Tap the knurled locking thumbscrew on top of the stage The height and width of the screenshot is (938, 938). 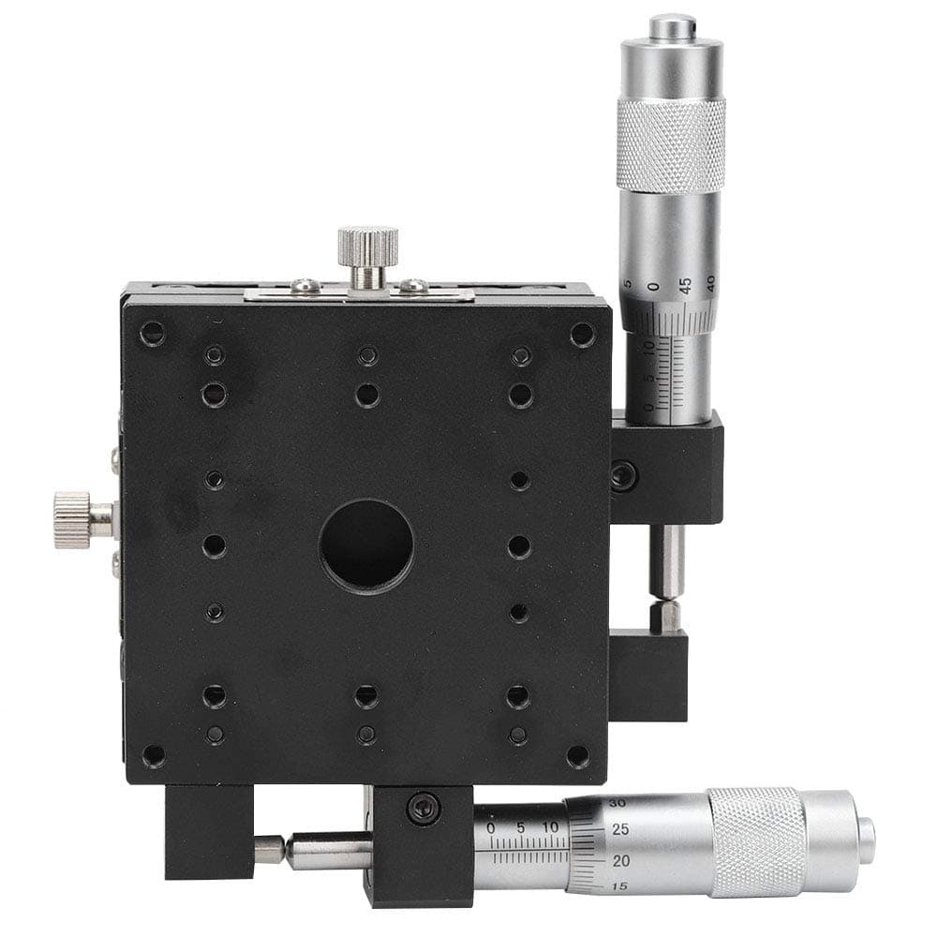click(x=368, y=246)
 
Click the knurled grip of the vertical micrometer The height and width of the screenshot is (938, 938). click(x=670, y=145)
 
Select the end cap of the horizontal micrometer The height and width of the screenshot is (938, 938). click(x=865, y=838)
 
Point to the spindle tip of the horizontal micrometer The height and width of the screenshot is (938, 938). click(x=270, y=849)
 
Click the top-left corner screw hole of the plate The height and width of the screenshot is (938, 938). click(x=151, y=333)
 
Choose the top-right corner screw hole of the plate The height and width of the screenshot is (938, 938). click(x=582, y=334)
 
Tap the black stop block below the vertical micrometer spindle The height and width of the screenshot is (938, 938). click(x=648, y=673)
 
